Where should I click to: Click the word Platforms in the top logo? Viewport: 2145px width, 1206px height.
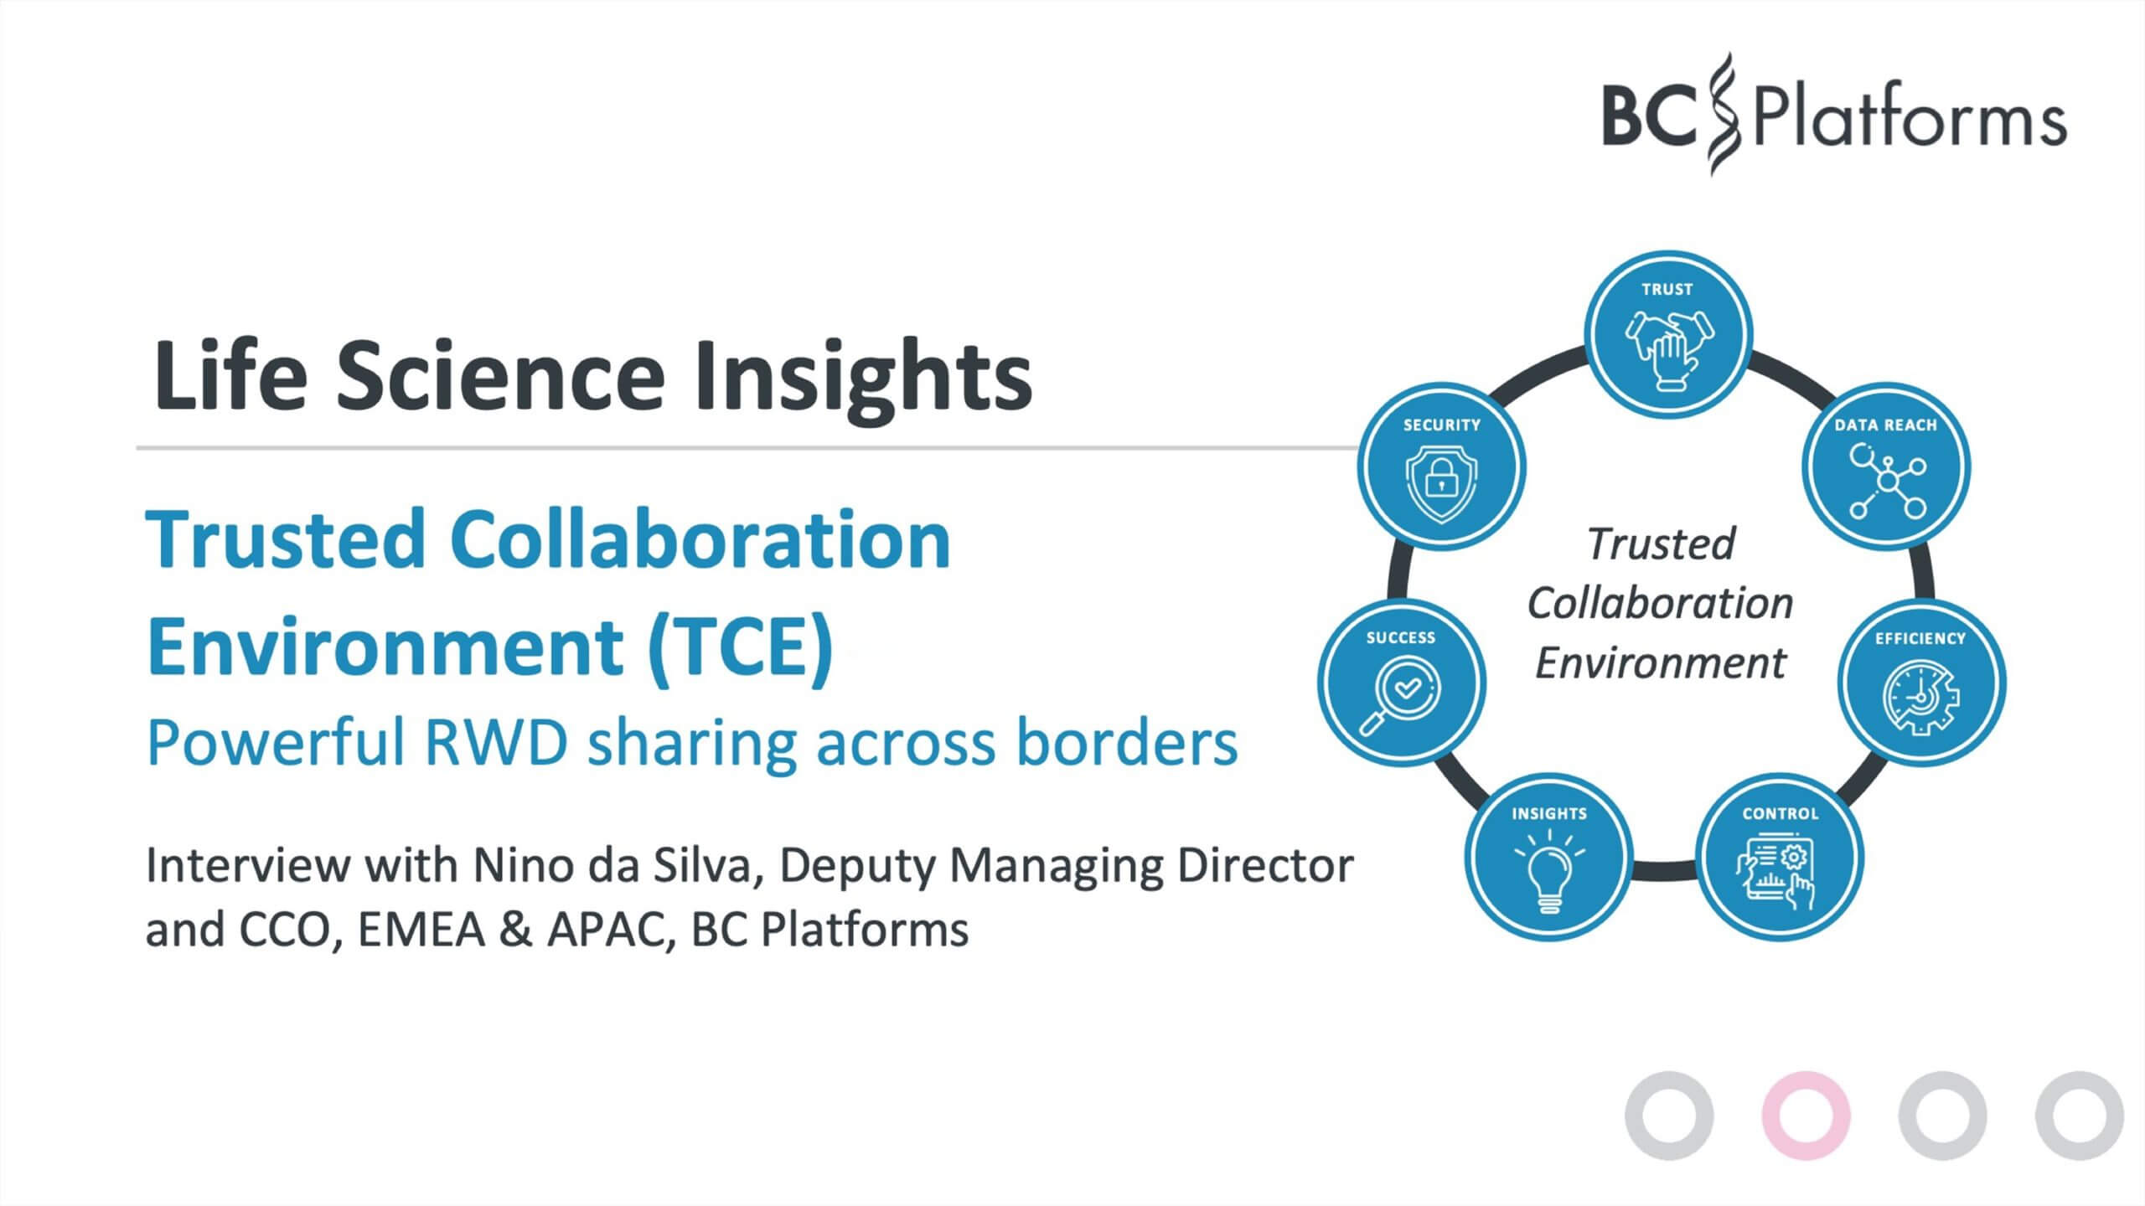1909,120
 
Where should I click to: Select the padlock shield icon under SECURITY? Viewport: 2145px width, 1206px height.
1441,482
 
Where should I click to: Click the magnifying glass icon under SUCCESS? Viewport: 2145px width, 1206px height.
1399,693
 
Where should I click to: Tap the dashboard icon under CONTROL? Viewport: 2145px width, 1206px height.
1780,874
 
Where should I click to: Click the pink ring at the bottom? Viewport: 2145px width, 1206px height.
1806,1115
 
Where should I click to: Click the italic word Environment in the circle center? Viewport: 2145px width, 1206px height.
1660,663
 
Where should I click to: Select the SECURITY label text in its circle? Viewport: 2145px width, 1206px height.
1441,425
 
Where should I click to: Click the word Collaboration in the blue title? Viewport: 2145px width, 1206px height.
700,540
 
